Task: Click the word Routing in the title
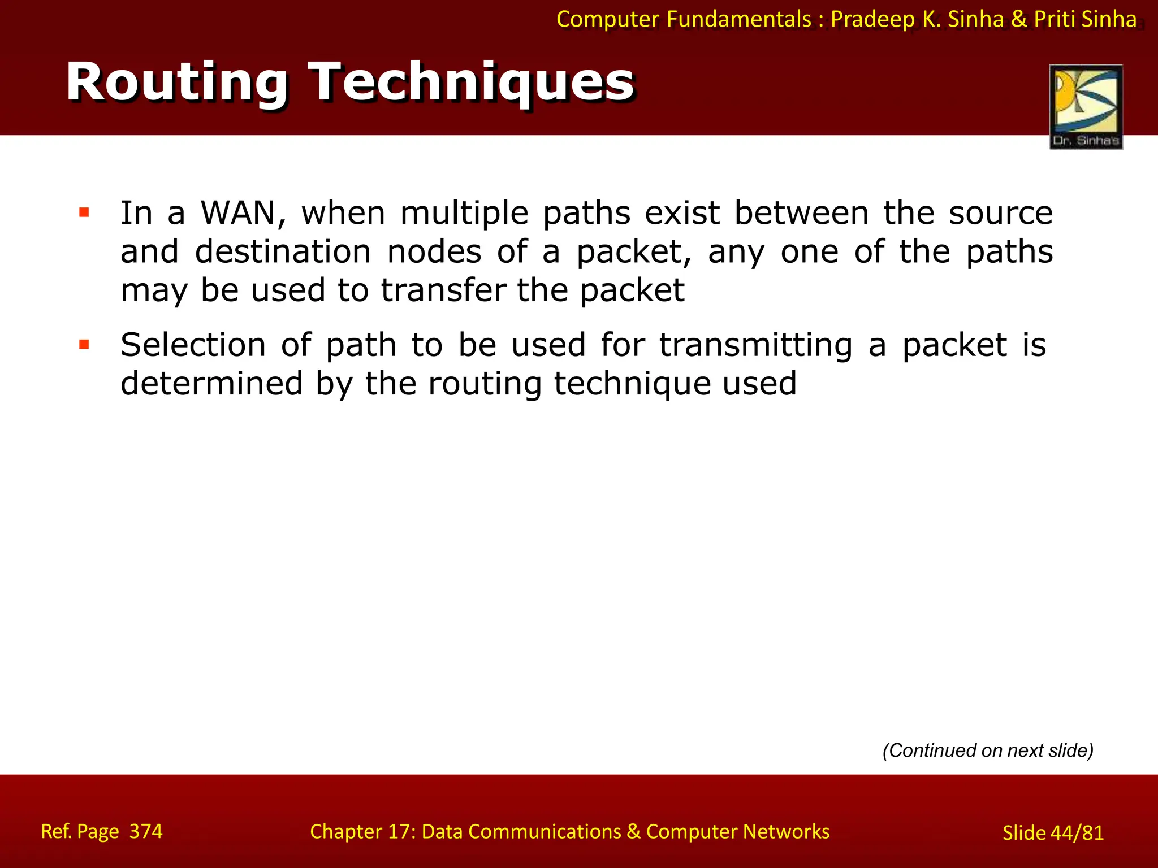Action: pos(177,83)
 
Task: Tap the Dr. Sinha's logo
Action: pos(1086,106)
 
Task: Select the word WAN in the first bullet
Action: pos(238,214)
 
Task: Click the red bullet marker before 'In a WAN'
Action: pos(84,213)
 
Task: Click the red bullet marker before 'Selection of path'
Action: pos(84,345)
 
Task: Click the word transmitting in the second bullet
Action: pos(756,346)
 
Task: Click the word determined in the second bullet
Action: pos(212,384)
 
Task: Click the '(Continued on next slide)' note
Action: pos(988,750)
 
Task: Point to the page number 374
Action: pos(146,831)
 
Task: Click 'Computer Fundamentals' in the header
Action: pos(684,20)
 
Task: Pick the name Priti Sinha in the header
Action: pos(1085,20)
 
